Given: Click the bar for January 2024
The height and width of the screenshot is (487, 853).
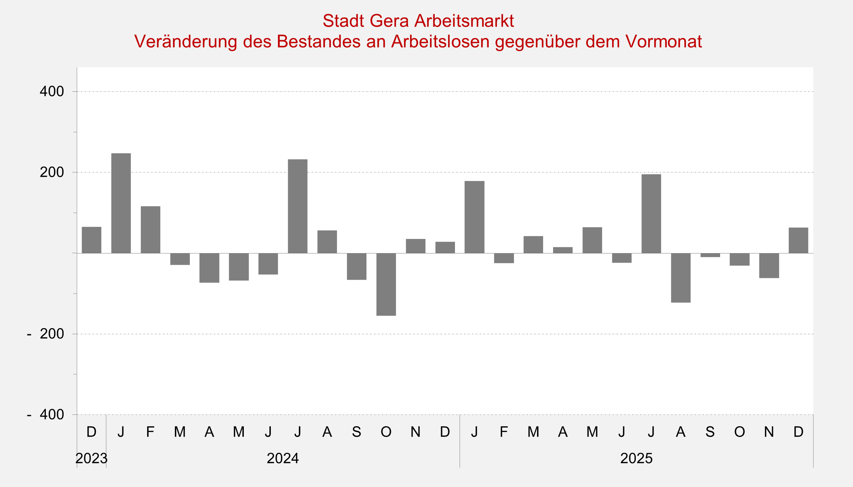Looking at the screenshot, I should pyautogui.click(x=121, y=203).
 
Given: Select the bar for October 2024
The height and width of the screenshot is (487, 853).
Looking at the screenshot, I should pyautogui.click(x=386, y=284).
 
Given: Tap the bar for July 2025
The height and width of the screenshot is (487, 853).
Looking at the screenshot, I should pyautogui.click(x=651, y=214).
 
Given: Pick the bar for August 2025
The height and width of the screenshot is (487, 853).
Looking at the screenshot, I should pyautogui.click(x=681, y=278).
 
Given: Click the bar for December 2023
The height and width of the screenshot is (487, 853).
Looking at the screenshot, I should pyautogui.click(x=91, y=240).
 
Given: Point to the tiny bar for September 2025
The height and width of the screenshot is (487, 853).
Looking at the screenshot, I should pyautogui.click(x=710, y=255).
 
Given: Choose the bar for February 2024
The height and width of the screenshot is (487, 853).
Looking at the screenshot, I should pyautogui.click(x=150, y=230).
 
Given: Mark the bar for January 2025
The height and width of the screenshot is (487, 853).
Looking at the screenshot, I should pyautogui.click(x=474, y=217).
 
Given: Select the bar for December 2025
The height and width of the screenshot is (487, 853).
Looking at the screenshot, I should pyautogui.click(x=798, y=240).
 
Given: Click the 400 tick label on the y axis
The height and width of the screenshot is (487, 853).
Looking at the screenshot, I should pyautogui.click(x=52, y=92).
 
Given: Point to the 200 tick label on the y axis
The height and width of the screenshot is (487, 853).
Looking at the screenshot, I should pyautogui.click(x=52, y=172).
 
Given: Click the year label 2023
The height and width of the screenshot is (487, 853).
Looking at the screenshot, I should pyautogui.click(x=91, y=459).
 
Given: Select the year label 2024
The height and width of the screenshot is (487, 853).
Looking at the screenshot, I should pyautogui.click(x=283, y=459).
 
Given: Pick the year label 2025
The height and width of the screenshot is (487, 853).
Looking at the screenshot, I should pyautogui.click(x=636, y=459).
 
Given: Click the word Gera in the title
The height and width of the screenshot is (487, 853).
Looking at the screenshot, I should pyautogui.click(x=389, y=21).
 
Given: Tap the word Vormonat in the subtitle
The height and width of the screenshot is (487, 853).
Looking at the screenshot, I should pyautogui.click(x=664, y=42).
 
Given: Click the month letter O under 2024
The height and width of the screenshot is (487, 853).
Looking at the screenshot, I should pyautogui.click(x=386, y=432).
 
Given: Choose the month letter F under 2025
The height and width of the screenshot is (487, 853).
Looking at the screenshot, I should pyautogui.click(x=504, y=432).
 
